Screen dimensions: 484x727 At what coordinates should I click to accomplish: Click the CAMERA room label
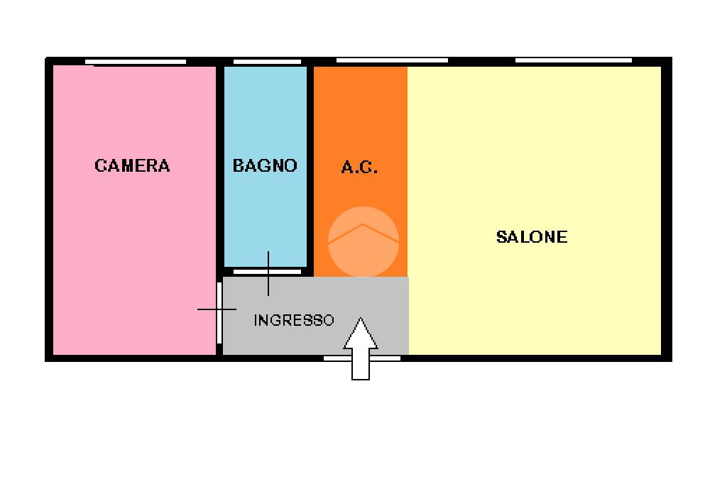point(132,166)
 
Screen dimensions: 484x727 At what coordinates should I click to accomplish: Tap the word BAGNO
point(265,166)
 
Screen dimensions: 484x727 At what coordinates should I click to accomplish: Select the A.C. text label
point(359,168)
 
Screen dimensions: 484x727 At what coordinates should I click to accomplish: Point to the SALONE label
point(532,237)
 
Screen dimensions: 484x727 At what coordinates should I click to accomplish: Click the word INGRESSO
point(293,320)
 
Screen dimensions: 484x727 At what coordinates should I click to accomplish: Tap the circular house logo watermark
point(363,241)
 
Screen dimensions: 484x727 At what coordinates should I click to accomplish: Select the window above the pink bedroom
point(139,62)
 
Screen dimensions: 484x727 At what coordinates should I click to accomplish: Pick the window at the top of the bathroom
point(267,62)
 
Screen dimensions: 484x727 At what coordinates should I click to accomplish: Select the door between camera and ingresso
point(219,312)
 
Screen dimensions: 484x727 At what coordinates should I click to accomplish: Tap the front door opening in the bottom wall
point(361,358)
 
